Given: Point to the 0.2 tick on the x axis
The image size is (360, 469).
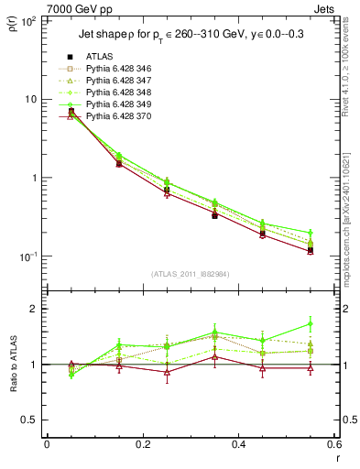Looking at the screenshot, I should [142, 444].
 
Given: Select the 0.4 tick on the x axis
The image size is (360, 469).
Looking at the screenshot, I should [238, 444].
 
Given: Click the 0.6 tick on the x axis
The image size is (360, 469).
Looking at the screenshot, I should [333, 444].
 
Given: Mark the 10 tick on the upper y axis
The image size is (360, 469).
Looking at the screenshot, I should [30, 99].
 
